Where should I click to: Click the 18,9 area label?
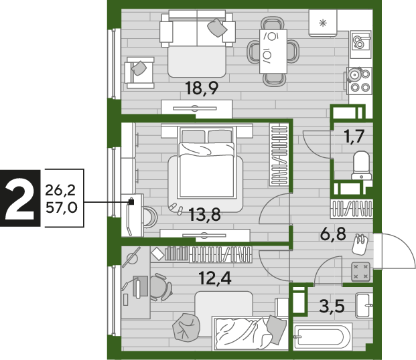tap(202, 88)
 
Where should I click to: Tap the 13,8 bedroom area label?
tap(204, 215)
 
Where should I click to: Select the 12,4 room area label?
tap(215, 278)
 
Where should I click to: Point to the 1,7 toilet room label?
tap(354, 137)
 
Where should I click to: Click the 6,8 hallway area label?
tap(333, 234)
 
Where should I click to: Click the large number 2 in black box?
tap(20, 198)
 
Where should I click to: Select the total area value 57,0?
tap(61, 207)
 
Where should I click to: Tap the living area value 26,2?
tap(60, 190)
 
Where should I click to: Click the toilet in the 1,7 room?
tap(361, 165)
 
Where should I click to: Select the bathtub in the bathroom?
tap(323, 337)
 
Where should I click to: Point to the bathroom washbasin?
tap(364, 306)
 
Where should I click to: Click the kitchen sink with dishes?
tap(360, 44)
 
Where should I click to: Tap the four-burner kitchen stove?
tap(358, 80)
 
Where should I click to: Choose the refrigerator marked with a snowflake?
tap(323, 23)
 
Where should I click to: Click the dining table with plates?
tap(273, 52)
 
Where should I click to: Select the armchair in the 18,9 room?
tap(140, 73)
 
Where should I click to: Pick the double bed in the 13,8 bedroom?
tap(207, 163)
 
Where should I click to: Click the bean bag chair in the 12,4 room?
tap(186, 327)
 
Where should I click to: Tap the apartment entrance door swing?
tap(395, 251)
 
